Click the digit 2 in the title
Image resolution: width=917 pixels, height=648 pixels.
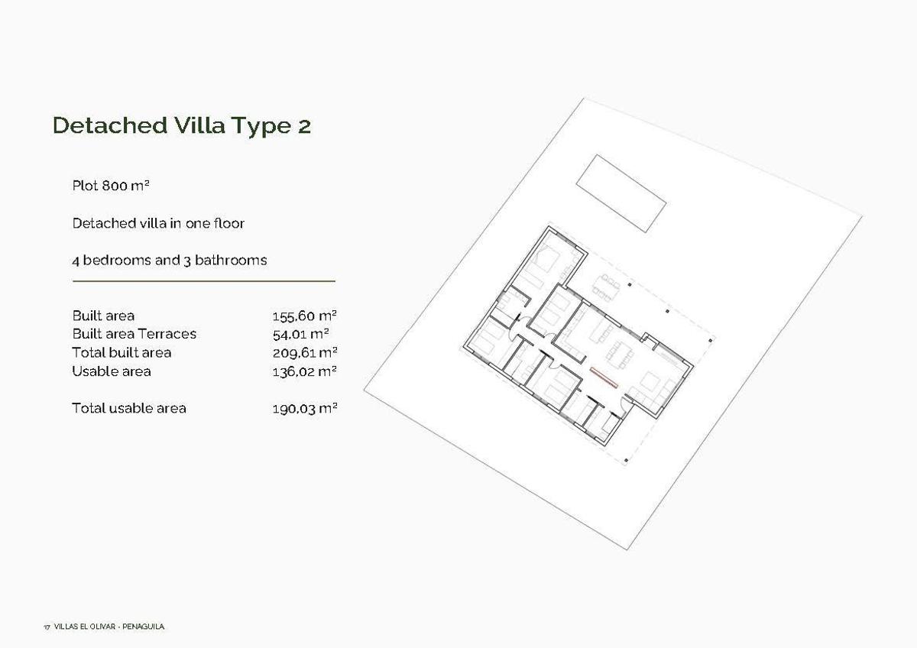click(x=304, y=126)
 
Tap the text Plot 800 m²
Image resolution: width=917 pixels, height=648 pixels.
click(x=111, y=186)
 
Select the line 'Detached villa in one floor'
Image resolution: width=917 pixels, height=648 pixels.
click(x=158, y=223)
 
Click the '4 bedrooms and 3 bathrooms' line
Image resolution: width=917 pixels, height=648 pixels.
click(x=170, y=260)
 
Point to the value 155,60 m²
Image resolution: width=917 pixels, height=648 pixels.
click(x=305, y=316)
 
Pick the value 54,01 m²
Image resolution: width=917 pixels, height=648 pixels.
click(x=300, y=334)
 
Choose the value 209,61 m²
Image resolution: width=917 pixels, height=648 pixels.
click(x=305, y=352)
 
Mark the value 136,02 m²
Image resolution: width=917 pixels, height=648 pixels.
click(x=305, y=371)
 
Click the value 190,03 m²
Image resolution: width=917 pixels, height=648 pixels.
click(x=305, y=408)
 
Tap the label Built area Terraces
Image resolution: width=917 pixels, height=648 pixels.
click(x=134, y=334)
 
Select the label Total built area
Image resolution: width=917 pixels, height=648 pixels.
click(x=122, y=352)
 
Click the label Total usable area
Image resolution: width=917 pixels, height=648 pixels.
click(x=129, y=408)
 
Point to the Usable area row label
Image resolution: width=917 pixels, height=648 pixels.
click(x=112, y=371)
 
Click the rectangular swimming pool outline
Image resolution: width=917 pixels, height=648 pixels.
click(x=621, y=193)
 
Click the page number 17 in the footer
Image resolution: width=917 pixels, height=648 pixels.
click(x=47, y=627)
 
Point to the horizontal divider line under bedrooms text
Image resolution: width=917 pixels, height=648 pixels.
click(x=203, y=281)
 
